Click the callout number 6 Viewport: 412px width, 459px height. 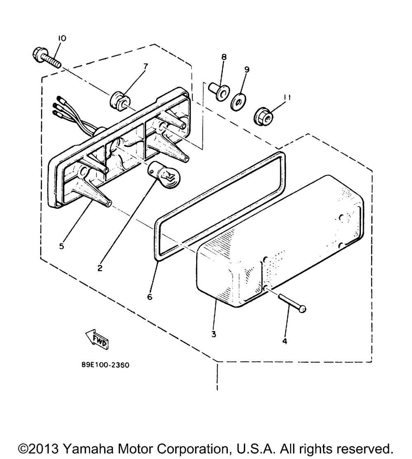150,296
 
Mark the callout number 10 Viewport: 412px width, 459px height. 61,38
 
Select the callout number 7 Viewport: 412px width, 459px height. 145,65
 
